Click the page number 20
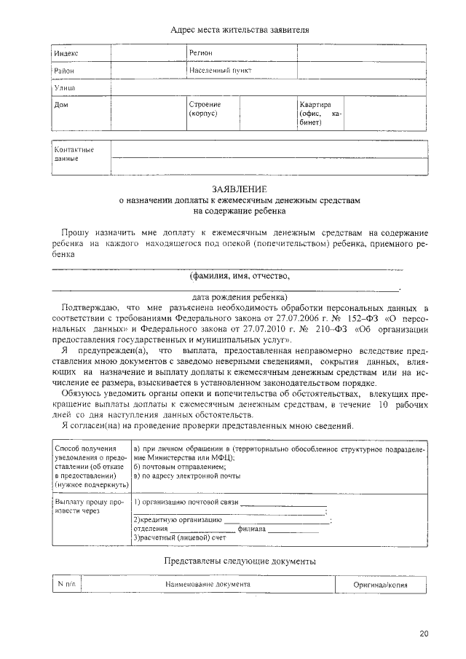[424, 634]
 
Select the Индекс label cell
[66, 54]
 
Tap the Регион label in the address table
[200, 53]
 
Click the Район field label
[65, 71]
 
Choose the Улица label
[66, 87]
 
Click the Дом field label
[62, 105]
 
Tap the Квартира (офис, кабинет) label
[320, 114]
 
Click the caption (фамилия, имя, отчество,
[240, 276]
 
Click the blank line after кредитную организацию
[276, 520]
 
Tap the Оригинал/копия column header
[379, 584]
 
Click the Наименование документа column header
[208, 584]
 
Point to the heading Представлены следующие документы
[240, 562]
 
